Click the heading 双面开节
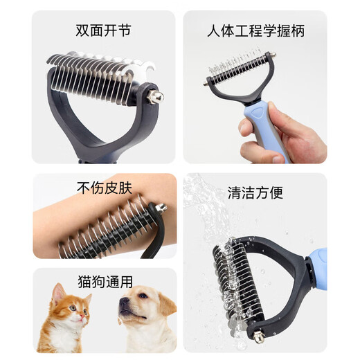[x=103, y=31]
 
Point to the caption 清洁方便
[x=255, y=193]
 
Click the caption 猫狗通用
[x=104, y=282]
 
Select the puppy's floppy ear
[x=161, y=309]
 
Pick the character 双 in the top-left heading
[x=82, y=31]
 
